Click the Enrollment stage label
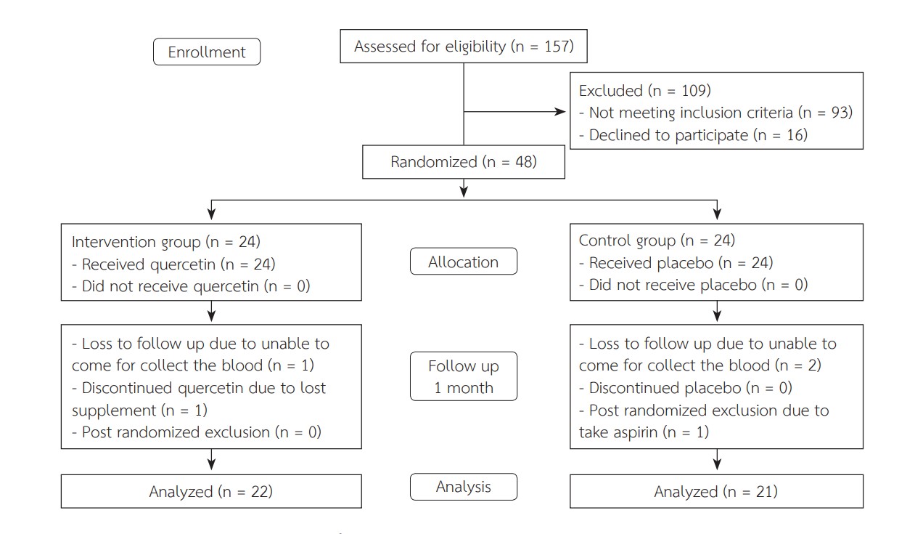pos(207,52)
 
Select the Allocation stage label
pos(464,262)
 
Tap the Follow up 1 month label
pos(464,376)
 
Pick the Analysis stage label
pos(464,487)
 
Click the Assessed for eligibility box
pos(464,46)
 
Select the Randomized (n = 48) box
pos(464,162)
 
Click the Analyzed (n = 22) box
pos(211,491)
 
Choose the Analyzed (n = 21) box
pos(717,491)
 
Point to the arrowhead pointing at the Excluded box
pos(561,111)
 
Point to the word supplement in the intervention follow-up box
pos(114,410)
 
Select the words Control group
pos(627,240)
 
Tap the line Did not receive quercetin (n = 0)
pos(191,286)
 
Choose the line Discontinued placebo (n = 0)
pos(686,388)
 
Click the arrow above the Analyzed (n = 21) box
pos(717,459)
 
